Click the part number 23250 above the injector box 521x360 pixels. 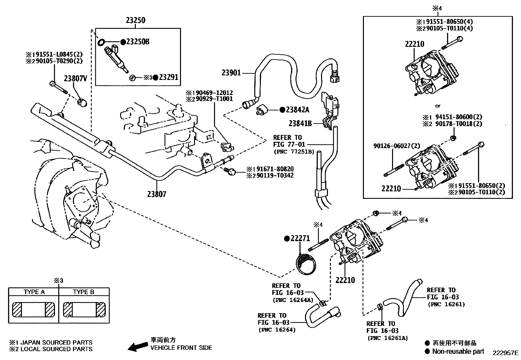click(x=135, y=20)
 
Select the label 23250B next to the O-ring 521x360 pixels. click(x=138, y=42)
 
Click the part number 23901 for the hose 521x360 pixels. click(x=231, y=73)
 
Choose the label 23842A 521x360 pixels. click(x=297, y=110)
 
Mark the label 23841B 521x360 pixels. click(x=300, y=123)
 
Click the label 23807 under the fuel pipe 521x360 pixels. click(x=156, y=194)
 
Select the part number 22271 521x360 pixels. click(x=300, y=238)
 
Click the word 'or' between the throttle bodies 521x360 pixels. click(x=438, y=106)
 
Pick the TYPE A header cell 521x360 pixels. click(x=34, y=292)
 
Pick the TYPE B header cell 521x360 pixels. click(x=84, y=292)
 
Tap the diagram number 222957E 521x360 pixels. click(x=506, y=353)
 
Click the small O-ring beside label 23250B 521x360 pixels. click(x=101, y=42)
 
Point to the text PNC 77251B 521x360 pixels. click(x=294, y=152)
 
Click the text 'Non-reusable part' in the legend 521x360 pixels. click(x=458, y=351)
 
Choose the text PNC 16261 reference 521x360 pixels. click(x=446, y=304)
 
